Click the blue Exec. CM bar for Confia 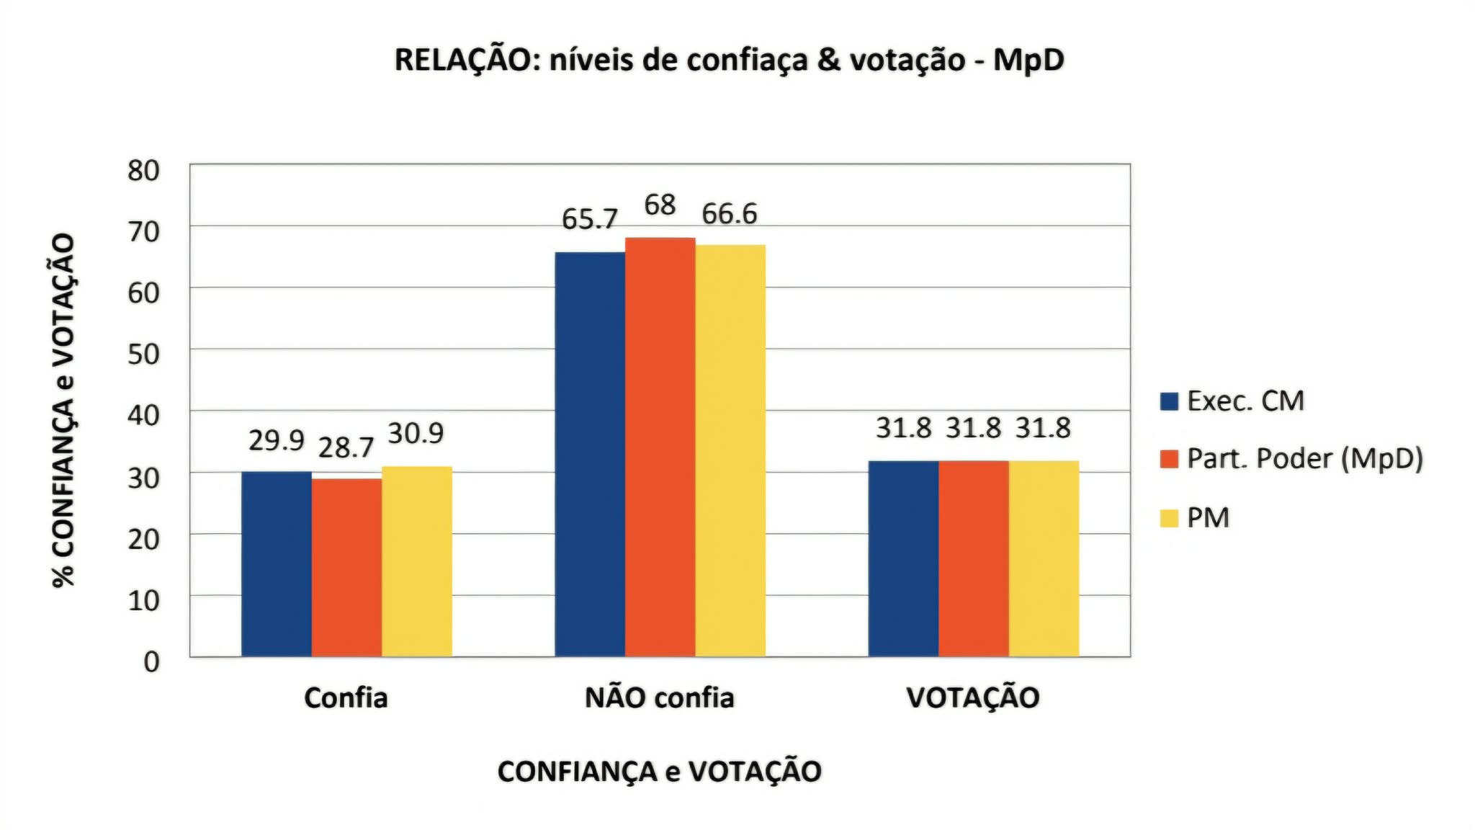click(277, 563)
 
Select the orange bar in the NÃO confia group click(660, 447)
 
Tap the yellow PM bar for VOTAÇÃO click(1044, 558)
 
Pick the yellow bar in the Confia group click(417, 561)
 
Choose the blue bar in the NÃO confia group click(590, 454)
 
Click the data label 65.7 click(590, 219)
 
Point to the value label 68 click(660, 205)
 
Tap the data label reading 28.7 click(346, 447)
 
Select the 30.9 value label click(416, 433)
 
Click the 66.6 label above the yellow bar click(730, 214)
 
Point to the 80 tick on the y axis click(143, 171)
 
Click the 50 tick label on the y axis click(143, 354)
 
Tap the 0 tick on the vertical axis click(151, 661)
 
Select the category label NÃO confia click(659, 697)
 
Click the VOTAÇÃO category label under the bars click(972, 697)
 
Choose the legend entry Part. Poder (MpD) click(1304, 459)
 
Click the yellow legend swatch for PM click(1169, 518)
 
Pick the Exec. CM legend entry click(1245, 401)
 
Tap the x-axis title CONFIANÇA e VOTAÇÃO click(659, 772)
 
